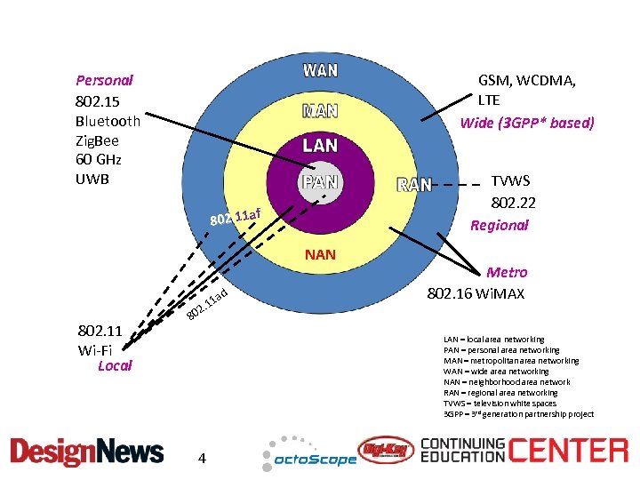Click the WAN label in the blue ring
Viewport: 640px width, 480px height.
[x=320, y=69]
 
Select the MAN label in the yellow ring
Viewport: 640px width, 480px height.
[x=320, y=112]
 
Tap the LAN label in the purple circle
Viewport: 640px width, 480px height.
[x=320, y=145]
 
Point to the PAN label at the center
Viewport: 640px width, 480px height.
[x=320, y=183]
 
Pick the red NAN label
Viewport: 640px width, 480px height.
[x=320, y=255]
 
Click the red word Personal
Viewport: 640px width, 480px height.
[x=104, y=80]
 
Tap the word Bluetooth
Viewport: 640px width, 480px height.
[x=108, y=121]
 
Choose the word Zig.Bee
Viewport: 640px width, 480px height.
[x=97, y=140]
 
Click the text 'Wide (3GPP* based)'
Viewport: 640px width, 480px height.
[x=526, y=123]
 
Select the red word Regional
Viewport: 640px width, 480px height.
[x=499, y=225]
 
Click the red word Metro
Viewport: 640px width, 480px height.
[x=507, y=272]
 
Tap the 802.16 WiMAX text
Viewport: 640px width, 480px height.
[x=476, y=293]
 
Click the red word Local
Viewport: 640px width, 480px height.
[x=115, y=365]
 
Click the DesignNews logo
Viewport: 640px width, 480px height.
[x=87, y=452]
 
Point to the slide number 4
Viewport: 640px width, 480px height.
[x=203, y=458]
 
